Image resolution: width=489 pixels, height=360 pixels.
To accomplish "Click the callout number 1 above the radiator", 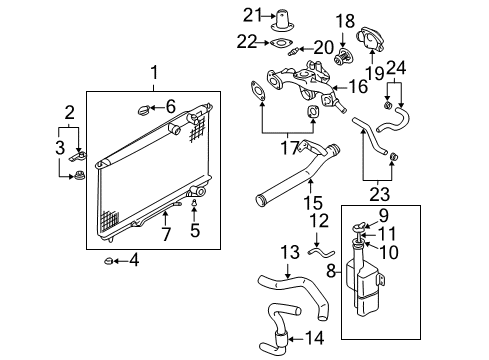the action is point(154,72).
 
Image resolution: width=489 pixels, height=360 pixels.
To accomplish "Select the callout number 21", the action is point(252,15).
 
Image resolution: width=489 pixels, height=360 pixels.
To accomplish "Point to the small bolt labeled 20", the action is point(292,51).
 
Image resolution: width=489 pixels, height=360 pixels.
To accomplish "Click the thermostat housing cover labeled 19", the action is point(370,38).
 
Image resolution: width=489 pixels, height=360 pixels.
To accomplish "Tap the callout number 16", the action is point(358,86).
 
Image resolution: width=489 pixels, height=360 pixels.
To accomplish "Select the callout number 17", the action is point(289,148).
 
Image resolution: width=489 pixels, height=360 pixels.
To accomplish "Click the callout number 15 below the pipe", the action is point(313,203).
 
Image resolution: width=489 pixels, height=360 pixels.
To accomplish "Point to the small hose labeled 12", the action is point(321,253).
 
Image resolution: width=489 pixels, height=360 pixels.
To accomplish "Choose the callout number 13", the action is point(290,252).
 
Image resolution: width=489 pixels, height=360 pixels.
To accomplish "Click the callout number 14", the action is point(314,338).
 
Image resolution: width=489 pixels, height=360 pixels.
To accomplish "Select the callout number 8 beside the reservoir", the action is point(331,271).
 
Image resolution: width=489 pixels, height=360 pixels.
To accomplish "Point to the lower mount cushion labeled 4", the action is point(108,261).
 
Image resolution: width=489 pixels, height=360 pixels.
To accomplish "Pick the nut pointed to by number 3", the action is point(79,175).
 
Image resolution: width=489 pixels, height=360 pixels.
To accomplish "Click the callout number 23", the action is point(379,195).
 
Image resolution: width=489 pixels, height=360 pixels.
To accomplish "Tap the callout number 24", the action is point(396,68).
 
